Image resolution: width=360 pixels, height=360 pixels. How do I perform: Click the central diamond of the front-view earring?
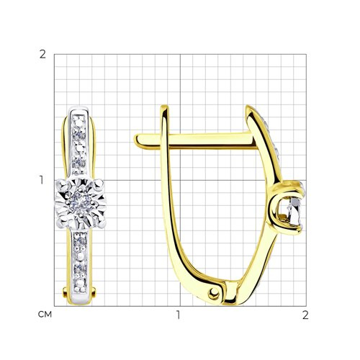click(81, 203)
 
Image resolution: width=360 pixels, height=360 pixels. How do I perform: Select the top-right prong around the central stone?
click(99, 184)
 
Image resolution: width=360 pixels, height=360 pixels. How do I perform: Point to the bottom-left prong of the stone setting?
click(61, 223)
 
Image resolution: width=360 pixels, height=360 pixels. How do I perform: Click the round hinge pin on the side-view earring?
click(213, 293)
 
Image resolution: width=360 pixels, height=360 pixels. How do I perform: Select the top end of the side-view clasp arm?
click(165, 107)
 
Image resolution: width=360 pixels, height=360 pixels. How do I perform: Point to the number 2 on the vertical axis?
click(42, 55)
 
